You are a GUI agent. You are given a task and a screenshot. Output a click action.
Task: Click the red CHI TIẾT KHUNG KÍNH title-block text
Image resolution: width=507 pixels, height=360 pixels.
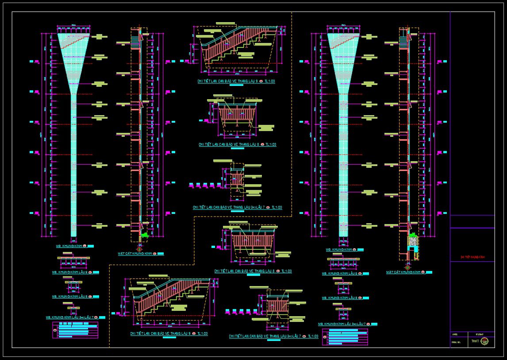coord(472,257)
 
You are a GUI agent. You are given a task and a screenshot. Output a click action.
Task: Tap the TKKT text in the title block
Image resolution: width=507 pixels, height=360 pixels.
coord(475,341)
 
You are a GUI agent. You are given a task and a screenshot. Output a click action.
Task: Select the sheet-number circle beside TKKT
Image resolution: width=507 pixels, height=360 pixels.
coord(484,341)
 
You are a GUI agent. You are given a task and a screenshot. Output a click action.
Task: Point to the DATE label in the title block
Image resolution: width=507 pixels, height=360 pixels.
coord(454,334)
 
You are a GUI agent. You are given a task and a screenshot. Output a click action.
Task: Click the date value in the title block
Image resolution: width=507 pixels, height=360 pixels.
coord(479,334)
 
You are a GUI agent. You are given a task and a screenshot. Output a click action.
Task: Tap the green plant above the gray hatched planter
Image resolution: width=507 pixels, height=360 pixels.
coord(413,235)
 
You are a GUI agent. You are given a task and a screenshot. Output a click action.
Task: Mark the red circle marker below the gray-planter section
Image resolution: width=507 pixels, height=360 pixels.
coord(407,267)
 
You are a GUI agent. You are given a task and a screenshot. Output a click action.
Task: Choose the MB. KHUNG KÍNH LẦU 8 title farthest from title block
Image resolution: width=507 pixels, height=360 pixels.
coord(71,296)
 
